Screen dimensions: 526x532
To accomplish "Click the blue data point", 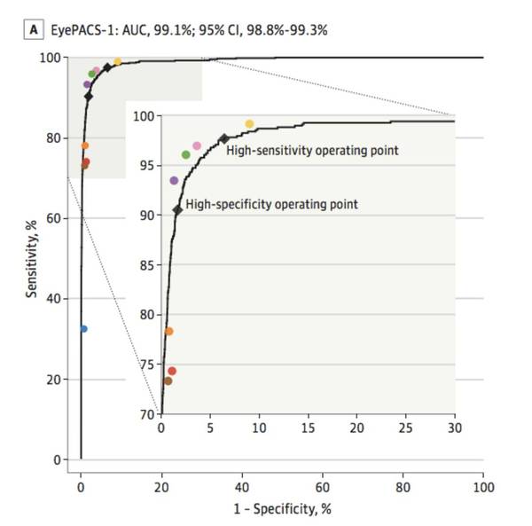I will click(83, 329).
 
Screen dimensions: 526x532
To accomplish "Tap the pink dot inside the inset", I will click(197, 146).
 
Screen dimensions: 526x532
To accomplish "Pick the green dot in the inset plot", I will click(186, 154).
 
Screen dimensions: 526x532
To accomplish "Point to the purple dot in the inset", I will click(174, 181).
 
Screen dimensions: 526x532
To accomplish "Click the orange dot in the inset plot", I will click(168, 332).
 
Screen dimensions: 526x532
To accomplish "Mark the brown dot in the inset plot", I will click(168, 381).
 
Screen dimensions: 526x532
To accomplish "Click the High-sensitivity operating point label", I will click(312, 150).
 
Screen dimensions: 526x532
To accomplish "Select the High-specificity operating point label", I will click(271, 204).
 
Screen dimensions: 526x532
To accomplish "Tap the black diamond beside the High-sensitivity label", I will click(223, 138).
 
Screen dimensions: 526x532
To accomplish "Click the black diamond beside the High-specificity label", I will click(177, 209).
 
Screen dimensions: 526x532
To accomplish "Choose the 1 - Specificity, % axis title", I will click(283, 510).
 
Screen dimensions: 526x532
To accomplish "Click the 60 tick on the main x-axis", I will click(323, 487).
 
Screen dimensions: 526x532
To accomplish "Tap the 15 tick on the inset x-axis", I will click(308, 428).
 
